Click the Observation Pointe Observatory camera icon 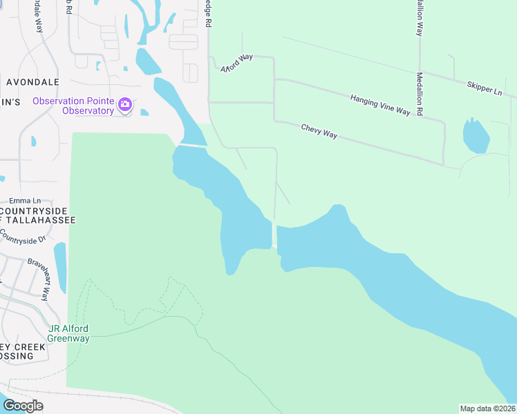[x=125, y=105]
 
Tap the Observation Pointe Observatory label [x=73, y=106]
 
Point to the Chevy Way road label [x=319, y=131]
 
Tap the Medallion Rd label [x=420, y=93]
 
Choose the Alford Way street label [x=237, y=63]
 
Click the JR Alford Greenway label [x=68, y=333]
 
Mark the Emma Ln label [x=21, y=199]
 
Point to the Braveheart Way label [x=38, y=279]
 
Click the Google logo [x=23, y=406]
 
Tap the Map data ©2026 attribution [x=487, y=408]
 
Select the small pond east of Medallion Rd [x=476, y=136]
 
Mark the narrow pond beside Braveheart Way [x=60, y=267]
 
